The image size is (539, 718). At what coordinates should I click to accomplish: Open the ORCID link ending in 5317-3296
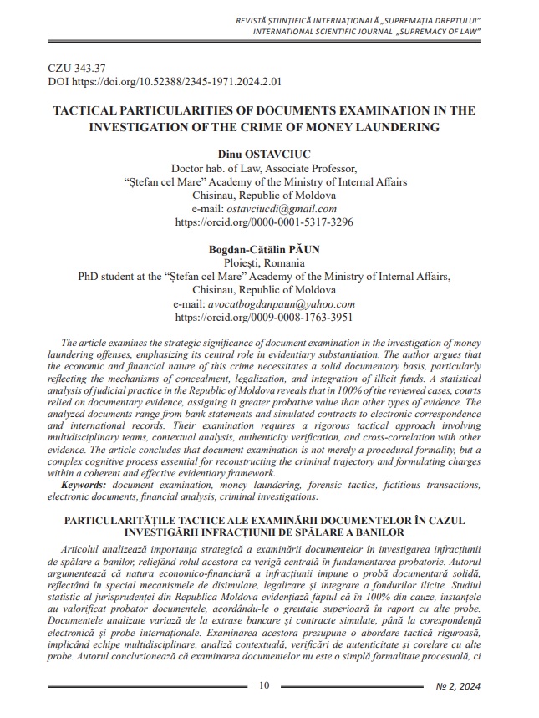(264, 222)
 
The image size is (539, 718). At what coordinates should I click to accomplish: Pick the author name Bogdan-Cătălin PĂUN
(264, 249)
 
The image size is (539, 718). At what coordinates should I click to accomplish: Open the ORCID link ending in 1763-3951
(264, 318)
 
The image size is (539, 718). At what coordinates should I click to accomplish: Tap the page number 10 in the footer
(264, 686)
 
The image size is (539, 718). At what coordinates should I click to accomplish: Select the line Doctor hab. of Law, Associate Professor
(264, 167)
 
